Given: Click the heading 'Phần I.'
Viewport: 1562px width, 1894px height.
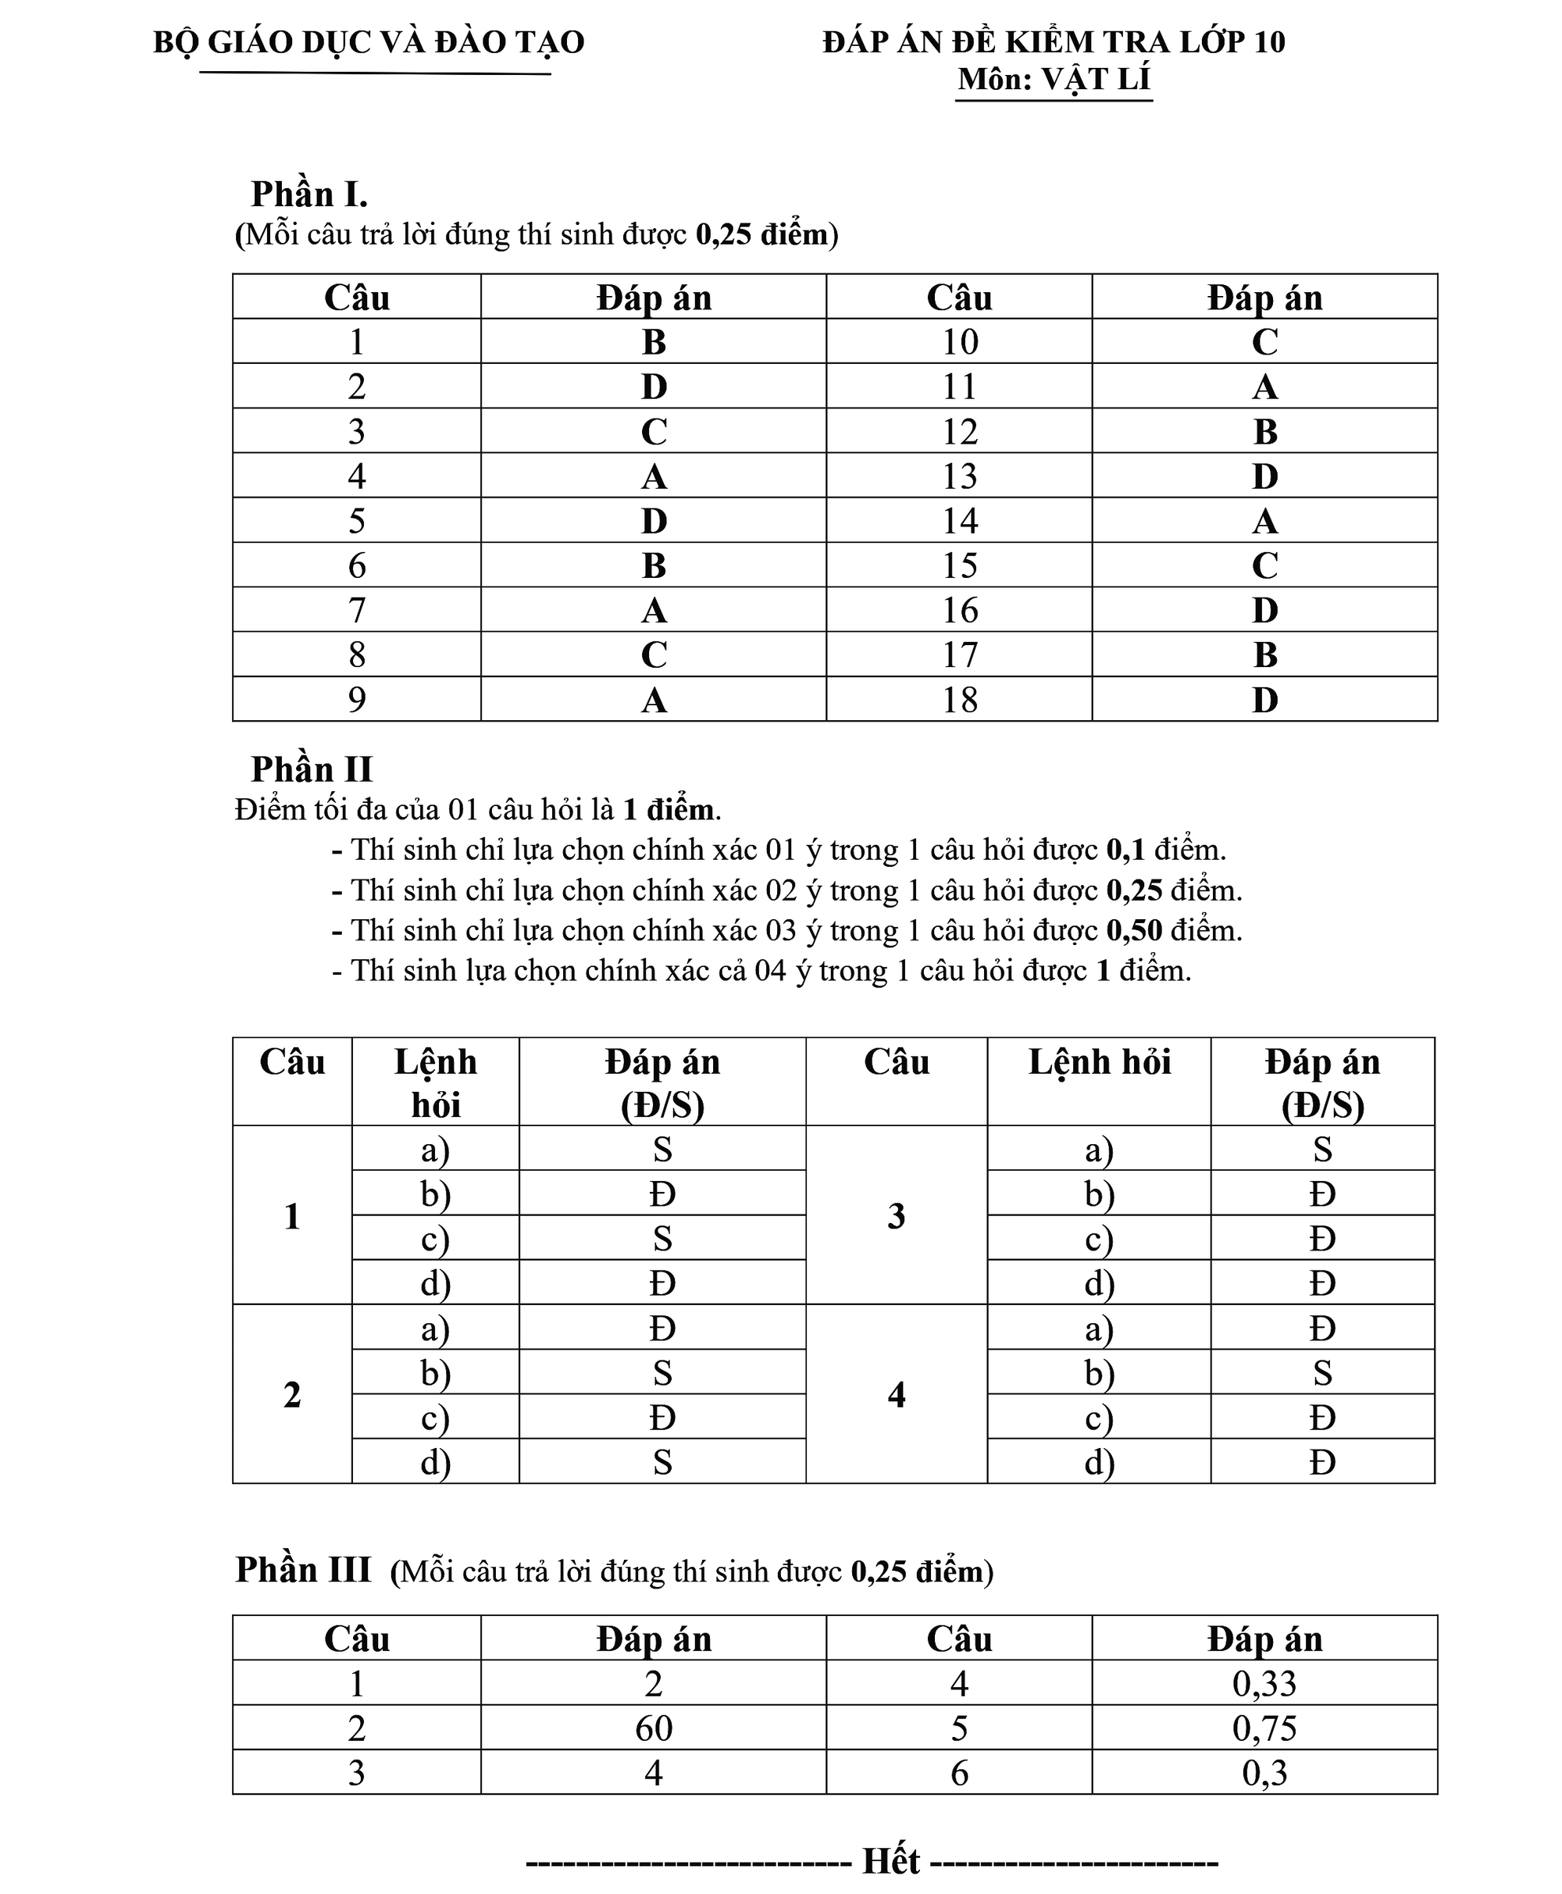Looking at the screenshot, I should (x=308, y=194).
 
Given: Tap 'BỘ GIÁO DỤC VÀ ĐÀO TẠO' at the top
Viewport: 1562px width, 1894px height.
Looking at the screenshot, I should (x=369, y=42).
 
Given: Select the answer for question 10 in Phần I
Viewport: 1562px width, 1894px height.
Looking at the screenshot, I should (x=1264, y=342).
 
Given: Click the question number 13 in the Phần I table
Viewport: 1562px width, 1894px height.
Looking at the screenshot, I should (x=959, y=476).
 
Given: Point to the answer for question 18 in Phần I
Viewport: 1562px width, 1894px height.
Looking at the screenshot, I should (x=1264, y=700).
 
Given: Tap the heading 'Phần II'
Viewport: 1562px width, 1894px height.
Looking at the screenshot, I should (x=312, y=769).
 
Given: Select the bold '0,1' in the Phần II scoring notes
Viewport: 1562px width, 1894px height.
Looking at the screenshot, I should (x=1125, y=851).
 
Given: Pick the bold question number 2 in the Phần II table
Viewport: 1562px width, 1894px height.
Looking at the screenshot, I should (x=291, y=1395).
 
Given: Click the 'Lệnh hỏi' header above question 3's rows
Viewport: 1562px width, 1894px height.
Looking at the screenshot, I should (x=1099, y=1064).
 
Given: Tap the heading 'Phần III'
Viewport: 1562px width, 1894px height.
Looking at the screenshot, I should (x=303, y=1570).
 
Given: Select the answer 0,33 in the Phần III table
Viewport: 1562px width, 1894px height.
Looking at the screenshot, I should (x=1264, y=1683).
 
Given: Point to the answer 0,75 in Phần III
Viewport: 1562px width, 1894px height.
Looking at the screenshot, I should (x=1264, y=1728).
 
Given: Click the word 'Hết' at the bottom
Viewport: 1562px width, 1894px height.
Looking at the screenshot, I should (x=891, y=1860).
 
